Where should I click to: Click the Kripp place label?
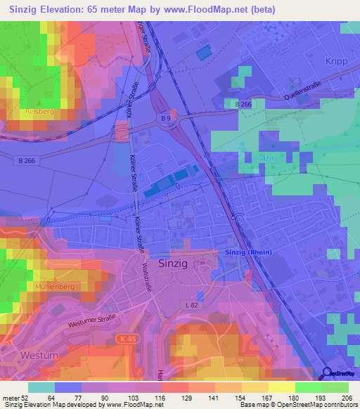point(337,62)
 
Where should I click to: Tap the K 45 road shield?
point(124,339)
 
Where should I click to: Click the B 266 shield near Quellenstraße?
point(244,104)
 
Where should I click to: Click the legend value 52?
point(28,398)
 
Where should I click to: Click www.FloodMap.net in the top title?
point(212,10)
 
